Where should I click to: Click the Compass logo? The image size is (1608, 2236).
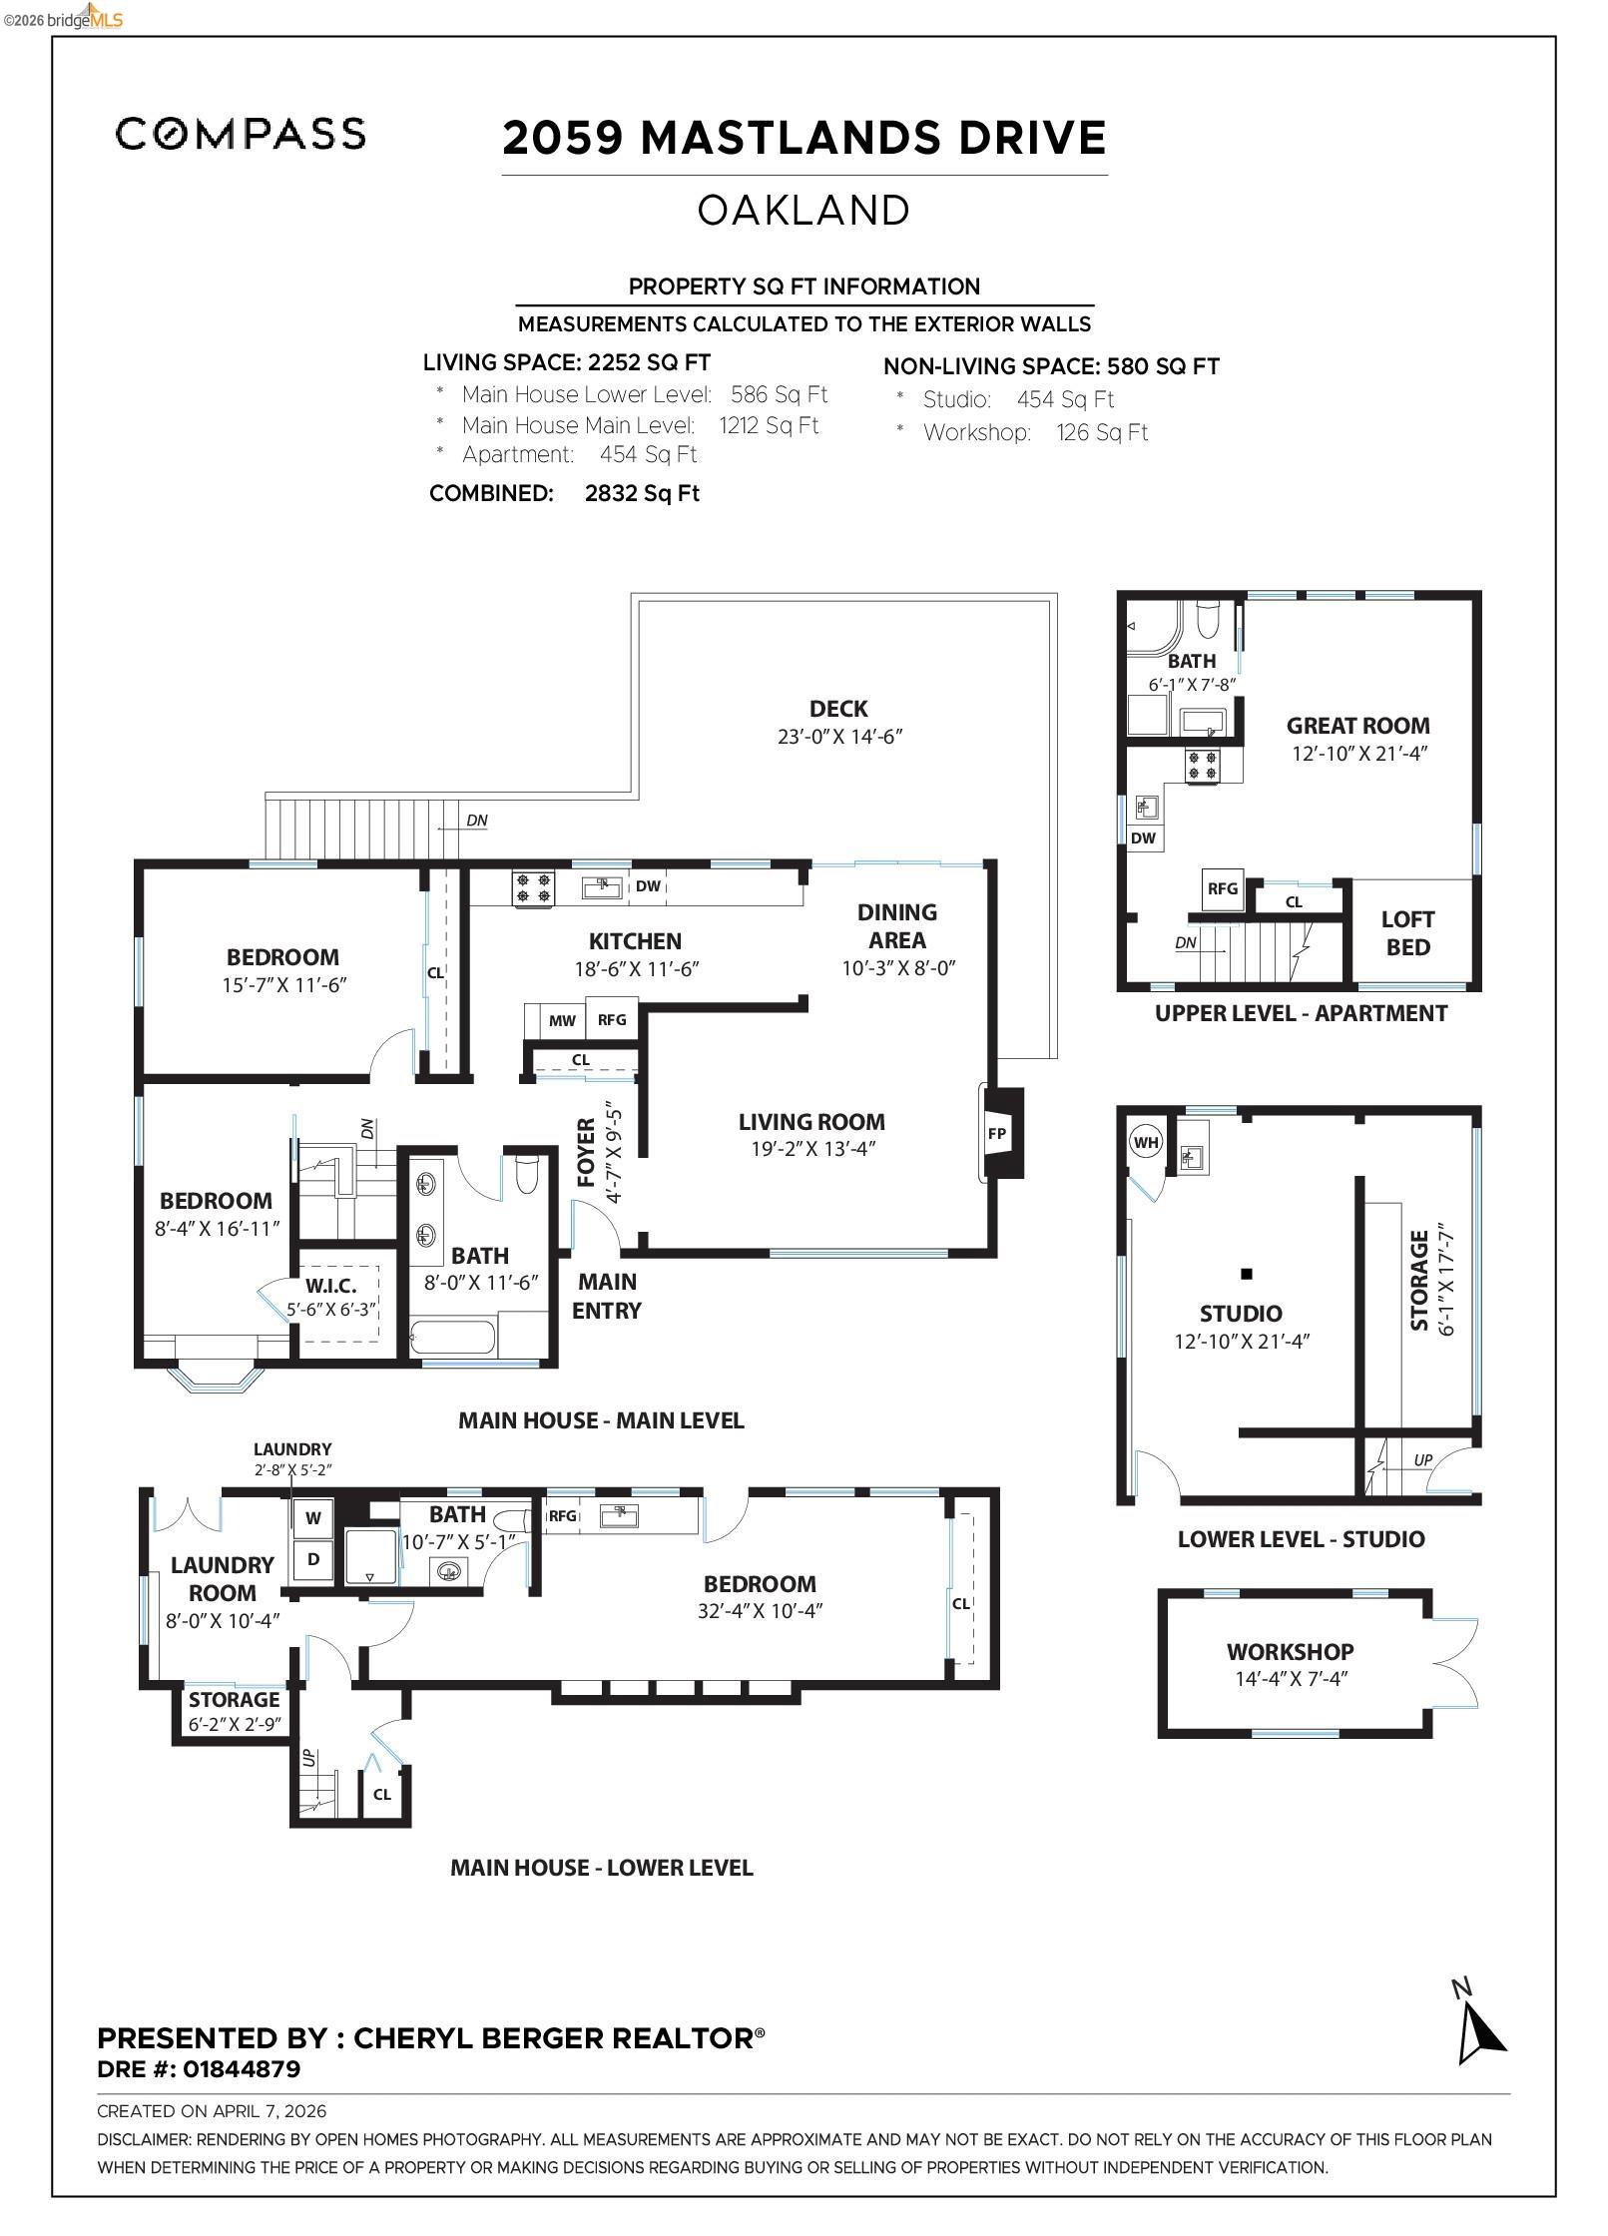(x=241, y=134)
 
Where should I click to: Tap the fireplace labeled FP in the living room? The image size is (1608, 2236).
(x=997, y=1133)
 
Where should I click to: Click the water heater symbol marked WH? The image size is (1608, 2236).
(x=1146, y=1142)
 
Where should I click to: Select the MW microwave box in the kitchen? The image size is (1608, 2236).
(x=562, y=1020)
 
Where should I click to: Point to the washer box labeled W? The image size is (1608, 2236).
(x=313, y=1518)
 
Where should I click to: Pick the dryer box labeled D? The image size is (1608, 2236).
(x=313, y=1559)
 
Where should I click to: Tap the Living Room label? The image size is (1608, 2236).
(x=811, y=1122)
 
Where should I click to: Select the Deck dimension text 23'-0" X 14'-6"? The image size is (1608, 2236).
(x=839, y=737)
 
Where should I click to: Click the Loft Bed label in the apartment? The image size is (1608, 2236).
(x=1407, y=933)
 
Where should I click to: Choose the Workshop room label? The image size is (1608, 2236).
(x=1290, y=1652)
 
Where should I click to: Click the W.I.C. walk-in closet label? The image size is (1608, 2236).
(x=330, y=1286)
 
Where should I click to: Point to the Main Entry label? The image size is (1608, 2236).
(x=607, y=1296)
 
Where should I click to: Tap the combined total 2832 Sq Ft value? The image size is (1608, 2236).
(x=642, y=493)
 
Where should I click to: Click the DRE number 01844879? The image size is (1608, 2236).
(x=242, y=2069)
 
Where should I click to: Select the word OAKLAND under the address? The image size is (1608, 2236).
(x=804, y=211)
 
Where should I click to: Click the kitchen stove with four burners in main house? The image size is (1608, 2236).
(x=533, y=887)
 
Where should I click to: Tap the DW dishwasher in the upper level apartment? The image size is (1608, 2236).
(x=1143, y=838)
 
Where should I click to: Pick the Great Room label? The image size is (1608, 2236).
(x=1357, y=726)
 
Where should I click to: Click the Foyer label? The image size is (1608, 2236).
(x=587, y=1153)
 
